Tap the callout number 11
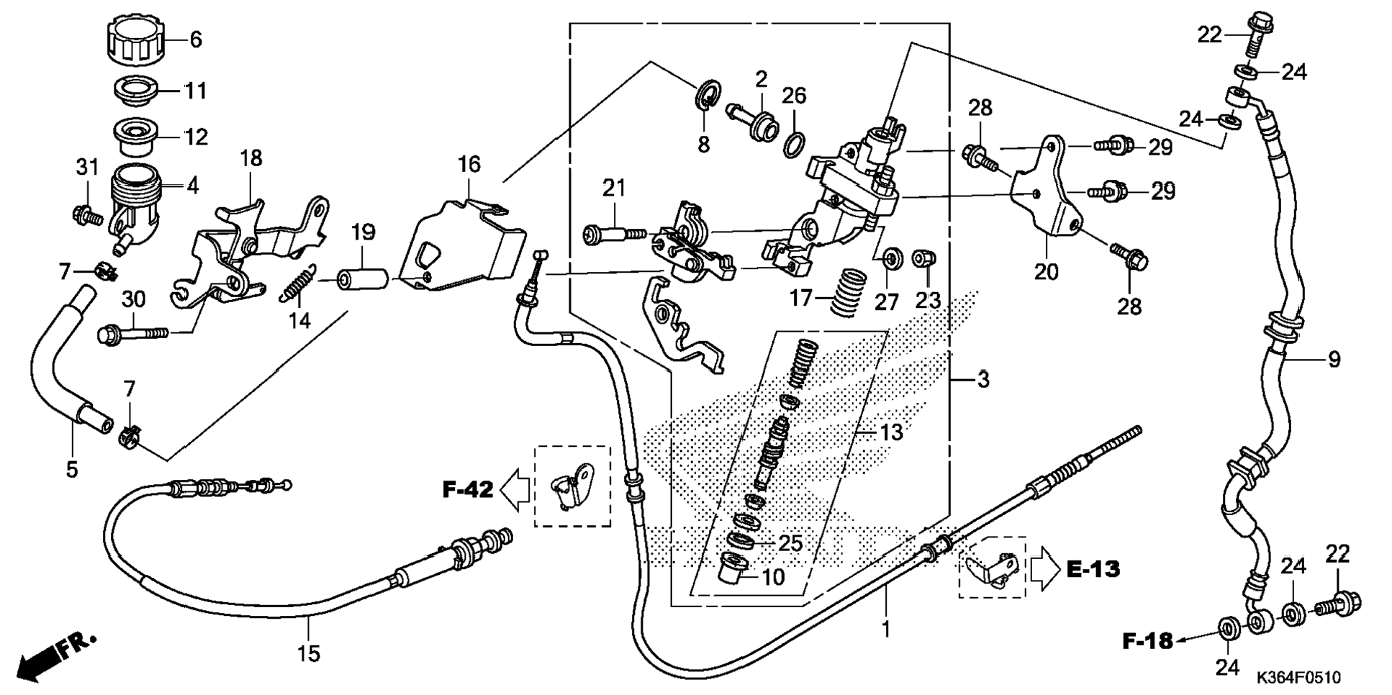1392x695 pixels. click(196, 91)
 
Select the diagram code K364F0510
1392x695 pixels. click(1298, 678)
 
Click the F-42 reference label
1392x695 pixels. click(467, 490)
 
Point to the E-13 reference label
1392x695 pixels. click(1093, 569)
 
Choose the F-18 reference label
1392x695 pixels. click(1147, 640)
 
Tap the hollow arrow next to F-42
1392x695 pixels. click(515, 491)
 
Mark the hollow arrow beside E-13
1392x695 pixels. click(1045, 569)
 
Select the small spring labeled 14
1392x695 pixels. click(298, 283)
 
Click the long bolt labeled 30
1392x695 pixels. click(132, 333)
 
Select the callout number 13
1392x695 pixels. click(891, 432)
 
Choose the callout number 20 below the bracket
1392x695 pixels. click(1046, 272)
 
